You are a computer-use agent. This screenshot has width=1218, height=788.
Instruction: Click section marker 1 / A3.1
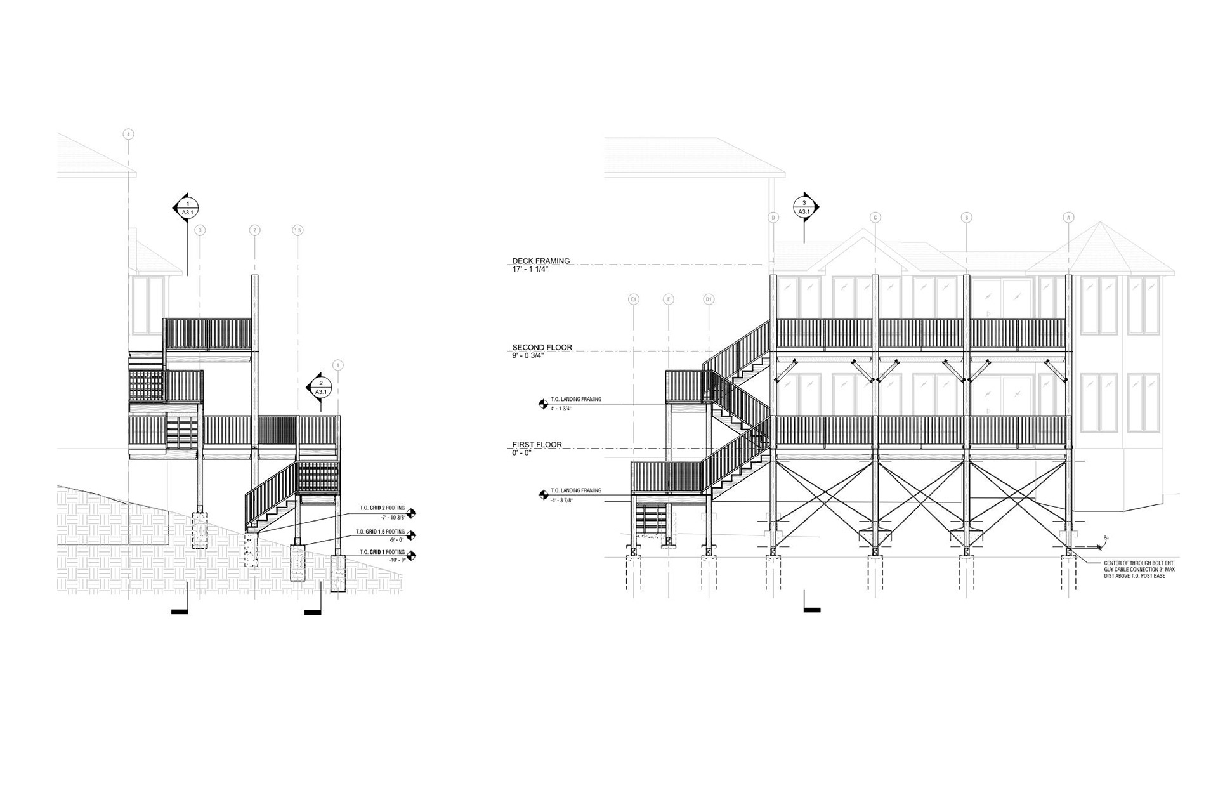[187, 207]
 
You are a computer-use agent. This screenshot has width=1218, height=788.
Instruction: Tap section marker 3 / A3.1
[804, 207]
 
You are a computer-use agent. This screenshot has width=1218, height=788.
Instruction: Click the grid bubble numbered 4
[129, 135]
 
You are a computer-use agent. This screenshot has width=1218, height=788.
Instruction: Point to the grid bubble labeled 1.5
[297, 230]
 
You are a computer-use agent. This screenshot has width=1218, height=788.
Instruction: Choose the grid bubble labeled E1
[633, 299]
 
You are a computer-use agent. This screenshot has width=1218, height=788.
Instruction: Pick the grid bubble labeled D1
[709, 299]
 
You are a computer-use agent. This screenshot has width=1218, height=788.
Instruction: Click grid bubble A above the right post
[1068, 218]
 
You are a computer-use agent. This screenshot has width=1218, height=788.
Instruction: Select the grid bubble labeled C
[875, 218]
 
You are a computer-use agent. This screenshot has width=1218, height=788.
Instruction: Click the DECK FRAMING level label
[541, 260]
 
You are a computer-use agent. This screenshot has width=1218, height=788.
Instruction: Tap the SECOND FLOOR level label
[542, 347]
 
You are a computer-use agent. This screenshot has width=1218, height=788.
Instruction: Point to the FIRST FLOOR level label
[537, 445]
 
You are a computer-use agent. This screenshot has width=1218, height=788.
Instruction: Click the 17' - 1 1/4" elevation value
[530, 269]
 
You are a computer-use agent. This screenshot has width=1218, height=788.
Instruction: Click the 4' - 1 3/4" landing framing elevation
[561, 409]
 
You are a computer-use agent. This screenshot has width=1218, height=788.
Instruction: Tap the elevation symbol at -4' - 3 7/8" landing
[543, 494]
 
